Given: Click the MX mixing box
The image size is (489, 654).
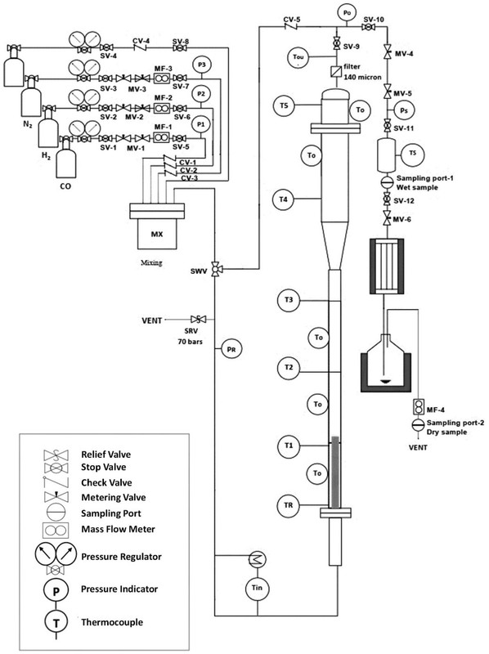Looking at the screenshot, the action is [157, 234].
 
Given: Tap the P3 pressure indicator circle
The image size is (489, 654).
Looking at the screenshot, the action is [201, 65].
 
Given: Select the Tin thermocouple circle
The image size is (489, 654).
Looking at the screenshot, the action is [257, 588].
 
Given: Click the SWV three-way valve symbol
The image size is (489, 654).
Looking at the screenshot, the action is [215, 269].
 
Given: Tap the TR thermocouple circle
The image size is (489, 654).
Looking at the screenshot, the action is [289, 505].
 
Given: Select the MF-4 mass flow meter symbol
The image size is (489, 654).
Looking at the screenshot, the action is [418, 405].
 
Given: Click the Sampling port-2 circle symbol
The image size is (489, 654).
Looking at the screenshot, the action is [418, 424].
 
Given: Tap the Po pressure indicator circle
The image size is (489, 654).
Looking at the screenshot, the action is [348, 12].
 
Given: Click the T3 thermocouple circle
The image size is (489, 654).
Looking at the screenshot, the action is [289, 300].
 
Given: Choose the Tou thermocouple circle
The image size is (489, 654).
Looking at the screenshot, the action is [298, 56].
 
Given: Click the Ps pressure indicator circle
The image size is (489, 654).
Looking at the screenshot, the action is [404, 110].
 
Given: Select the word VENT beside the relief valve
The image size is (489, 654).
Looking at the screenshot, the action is [151, 320].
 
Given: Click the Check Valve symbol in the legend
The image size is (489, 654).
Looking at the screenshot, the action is [56, 482].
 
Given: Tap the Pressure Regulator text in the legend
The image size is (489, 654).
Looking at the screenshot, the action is [121, 557].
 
